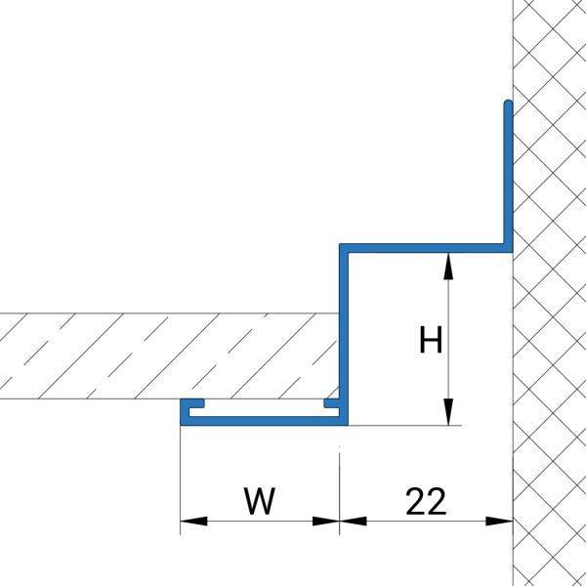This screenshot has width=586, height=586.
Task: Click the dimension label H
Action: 431,341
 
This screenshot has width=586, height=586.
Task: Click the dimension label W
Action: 260,502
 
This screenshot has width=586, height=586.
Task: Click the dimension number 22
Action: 425,502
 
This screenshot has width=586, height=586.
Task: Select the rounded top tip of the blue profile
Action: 508,104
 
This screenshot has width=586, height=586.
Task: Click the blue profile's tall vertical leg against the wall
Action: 508,176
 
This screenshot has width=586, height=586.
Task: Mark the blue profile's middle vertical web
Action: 344,332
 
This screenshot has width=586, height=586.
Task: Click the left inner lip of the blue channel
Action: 193,404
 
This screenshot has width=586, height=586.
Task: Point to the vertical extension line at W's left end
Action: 182,479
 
